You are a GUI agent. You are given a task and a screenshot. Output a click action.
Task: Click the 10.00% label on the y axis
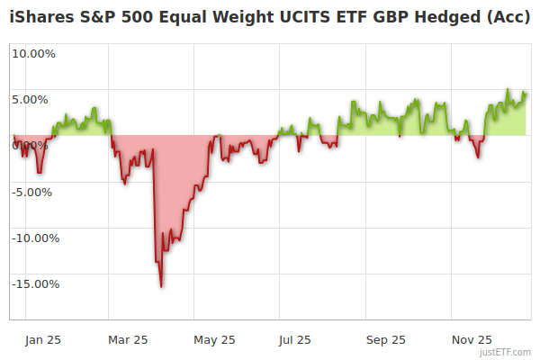(x=33, y=53)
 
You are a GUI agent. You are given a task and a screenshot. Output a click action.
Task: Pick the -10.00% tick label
(x=34, y=238)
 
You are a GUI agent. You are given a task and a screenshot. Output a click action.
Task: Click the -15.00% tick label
(x=34, y=284)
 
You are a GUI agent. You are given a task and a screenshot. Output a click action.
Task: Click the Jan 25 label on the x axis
(x=42, y=340)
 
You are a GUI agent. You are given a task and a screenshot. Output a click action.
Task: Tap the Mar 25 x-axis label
(x=128, y=340)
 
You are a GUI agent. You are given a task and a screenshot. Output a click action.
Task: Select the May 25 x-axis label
(x=214, y=340)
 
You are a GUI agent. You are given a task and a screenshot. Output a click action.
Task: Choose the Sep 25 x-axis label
(x=386, y=340)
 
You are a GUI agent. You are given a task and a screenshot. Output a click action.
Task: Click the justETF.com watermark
(x=505, y=352)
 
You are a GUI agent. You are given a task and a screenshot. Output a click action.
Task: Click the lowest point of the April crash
(x=161, y=287)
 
